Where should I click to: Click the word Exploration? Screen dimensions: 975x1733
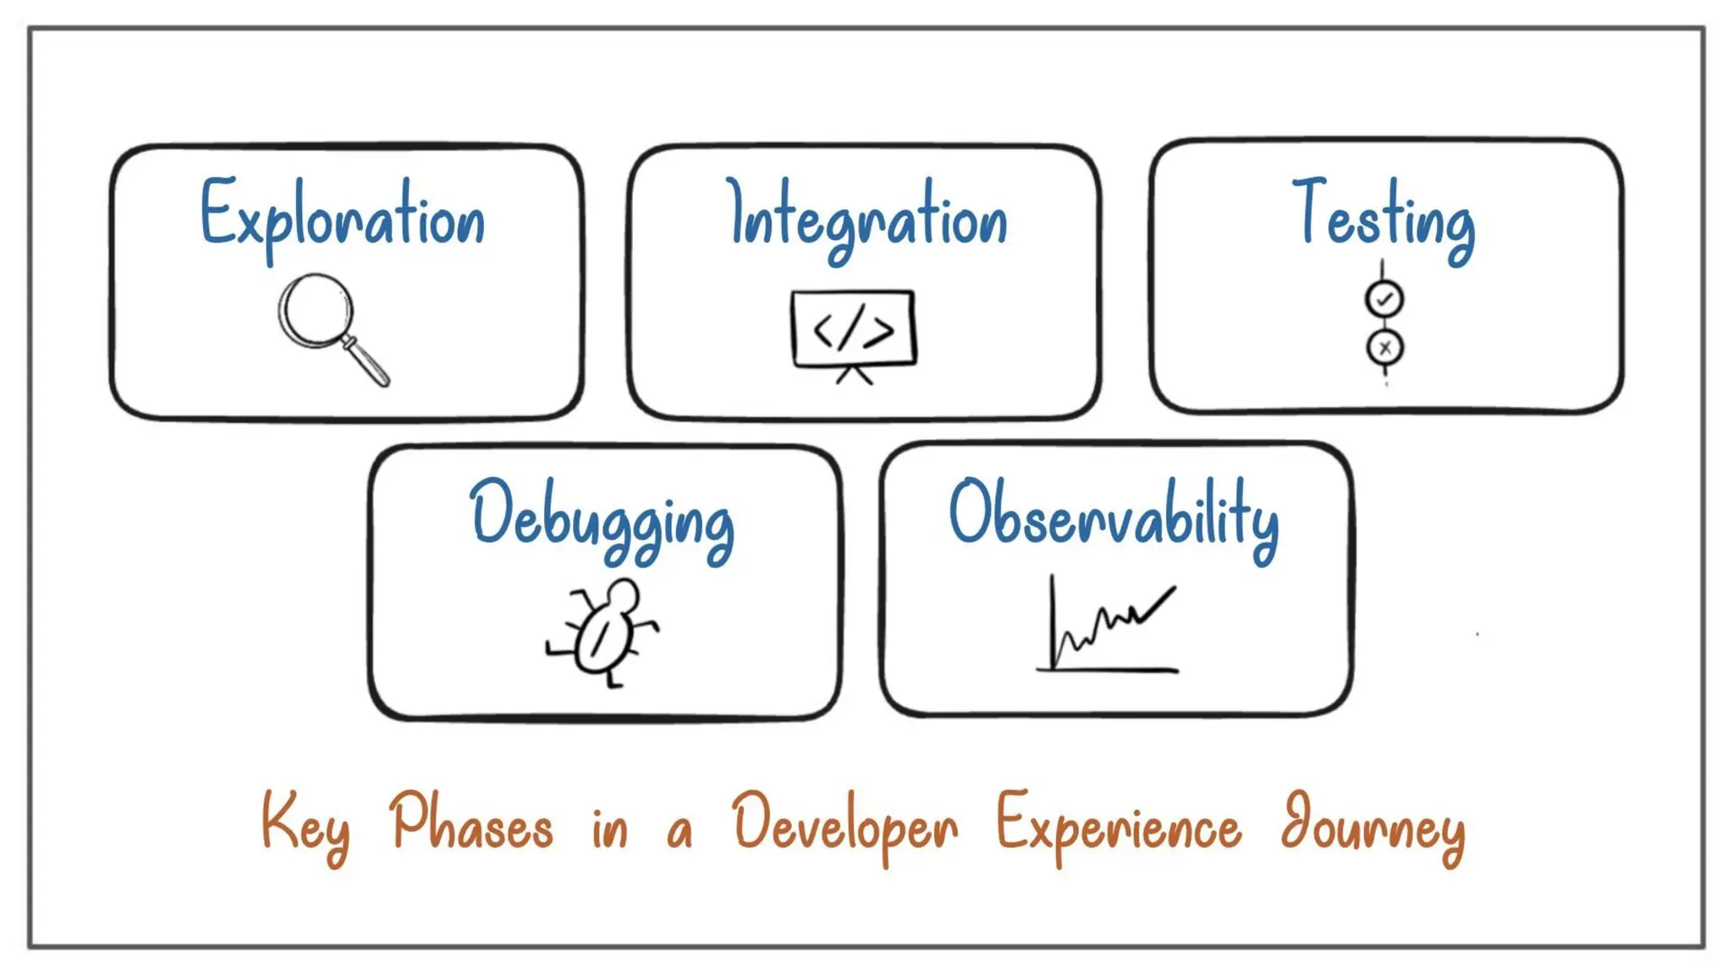click(x=343, y=217)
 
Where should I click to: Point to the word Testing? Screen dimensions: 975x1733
click(x=1384, y=217)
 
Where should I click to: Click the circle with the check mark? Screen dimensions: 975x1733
click(x=1384, y=299)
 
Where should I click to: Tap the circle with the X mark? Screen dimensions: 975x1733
click(x=1384, y=347)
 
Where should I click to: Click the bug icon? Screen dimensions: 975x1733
click(x=603, y=631)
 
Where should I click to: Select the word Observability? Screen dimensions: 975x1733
click(x=1114, y=516)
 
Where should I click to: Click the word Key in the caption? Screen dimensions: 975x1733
click(x=305, y=825)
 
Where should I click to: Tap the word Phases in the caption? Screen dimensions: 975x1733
click(x=471, y=823)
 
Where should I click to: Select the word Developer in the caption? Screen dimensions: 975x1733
click(x=845, y=825)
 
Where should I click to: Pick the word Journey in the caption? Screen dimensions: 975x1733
click(x=1373, y=825)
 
